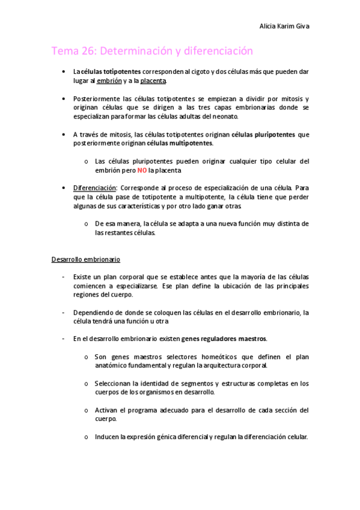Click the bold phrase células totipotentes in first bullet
(111, 71)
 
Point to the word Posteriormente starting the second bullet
(96, 98)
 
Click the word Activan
(106, 410)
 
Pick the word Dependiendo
(94, 312)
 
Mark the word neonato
(225, 116)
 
